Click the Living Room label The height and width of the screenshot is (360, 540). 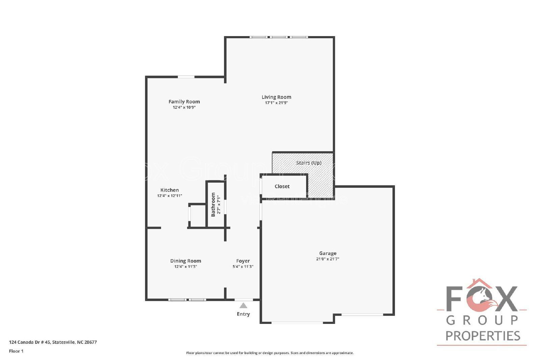276,97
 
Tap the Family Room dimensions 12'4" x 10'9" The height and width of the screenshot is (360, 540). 184,107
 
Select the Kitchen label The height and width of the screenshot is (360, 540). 169,190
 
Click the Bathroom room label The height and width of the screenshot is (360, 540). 213,204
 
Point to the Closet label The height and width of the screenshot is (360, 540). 282,186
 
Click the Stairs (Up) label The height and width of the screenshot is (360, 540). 308,163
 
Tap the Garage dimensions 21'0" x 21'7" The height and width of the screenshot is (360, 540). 327,259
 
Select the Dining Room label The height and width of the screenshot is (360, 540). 185,261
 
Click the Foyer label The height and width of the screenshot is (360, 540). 243,261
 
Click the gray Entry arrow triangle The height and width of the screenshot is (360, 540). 243,306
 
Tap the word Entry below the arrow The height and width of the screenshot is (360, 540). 243,314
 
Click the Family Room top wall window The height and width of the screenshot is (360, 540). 186,77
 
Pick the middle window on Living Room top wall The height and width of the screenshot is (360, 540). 279,37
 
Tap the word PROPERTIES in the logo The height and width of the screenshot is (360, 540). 483,336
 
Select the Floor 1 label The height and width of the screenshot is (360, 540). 16,351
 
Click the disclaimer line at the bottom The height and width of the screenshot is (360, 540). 270,353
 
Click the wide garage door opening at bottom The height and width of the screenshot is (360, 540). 297,323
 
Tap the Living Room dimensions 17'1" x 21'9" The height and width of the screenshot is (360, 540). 276,103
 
